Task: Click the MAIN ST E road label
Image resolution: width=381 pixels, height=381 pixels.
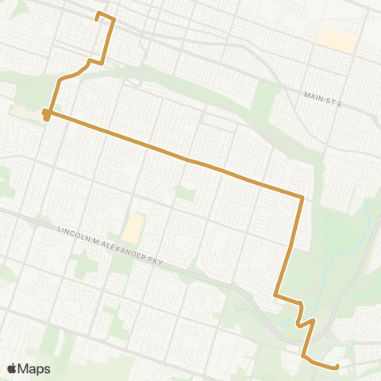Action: (321, 98)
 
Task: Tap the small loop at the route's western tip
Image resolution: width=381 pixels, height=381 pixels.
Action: (47, 116)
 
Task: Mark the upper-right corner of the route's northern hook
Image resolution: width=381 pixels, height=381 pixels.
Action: (114, 18)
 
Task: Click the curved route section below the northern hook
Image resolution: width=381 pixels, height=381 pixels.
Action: (75, 73)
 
